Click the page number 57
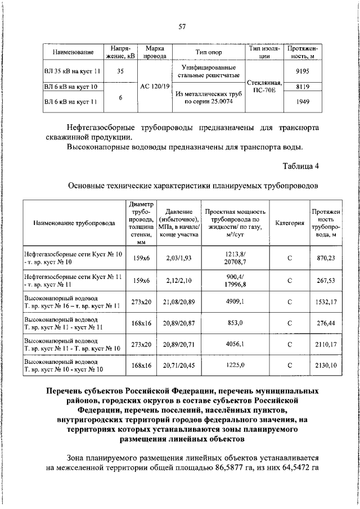[x=182, y=26]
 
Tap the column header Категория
[x=289, y=223]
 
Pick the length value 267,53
[x=325, y=280]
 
